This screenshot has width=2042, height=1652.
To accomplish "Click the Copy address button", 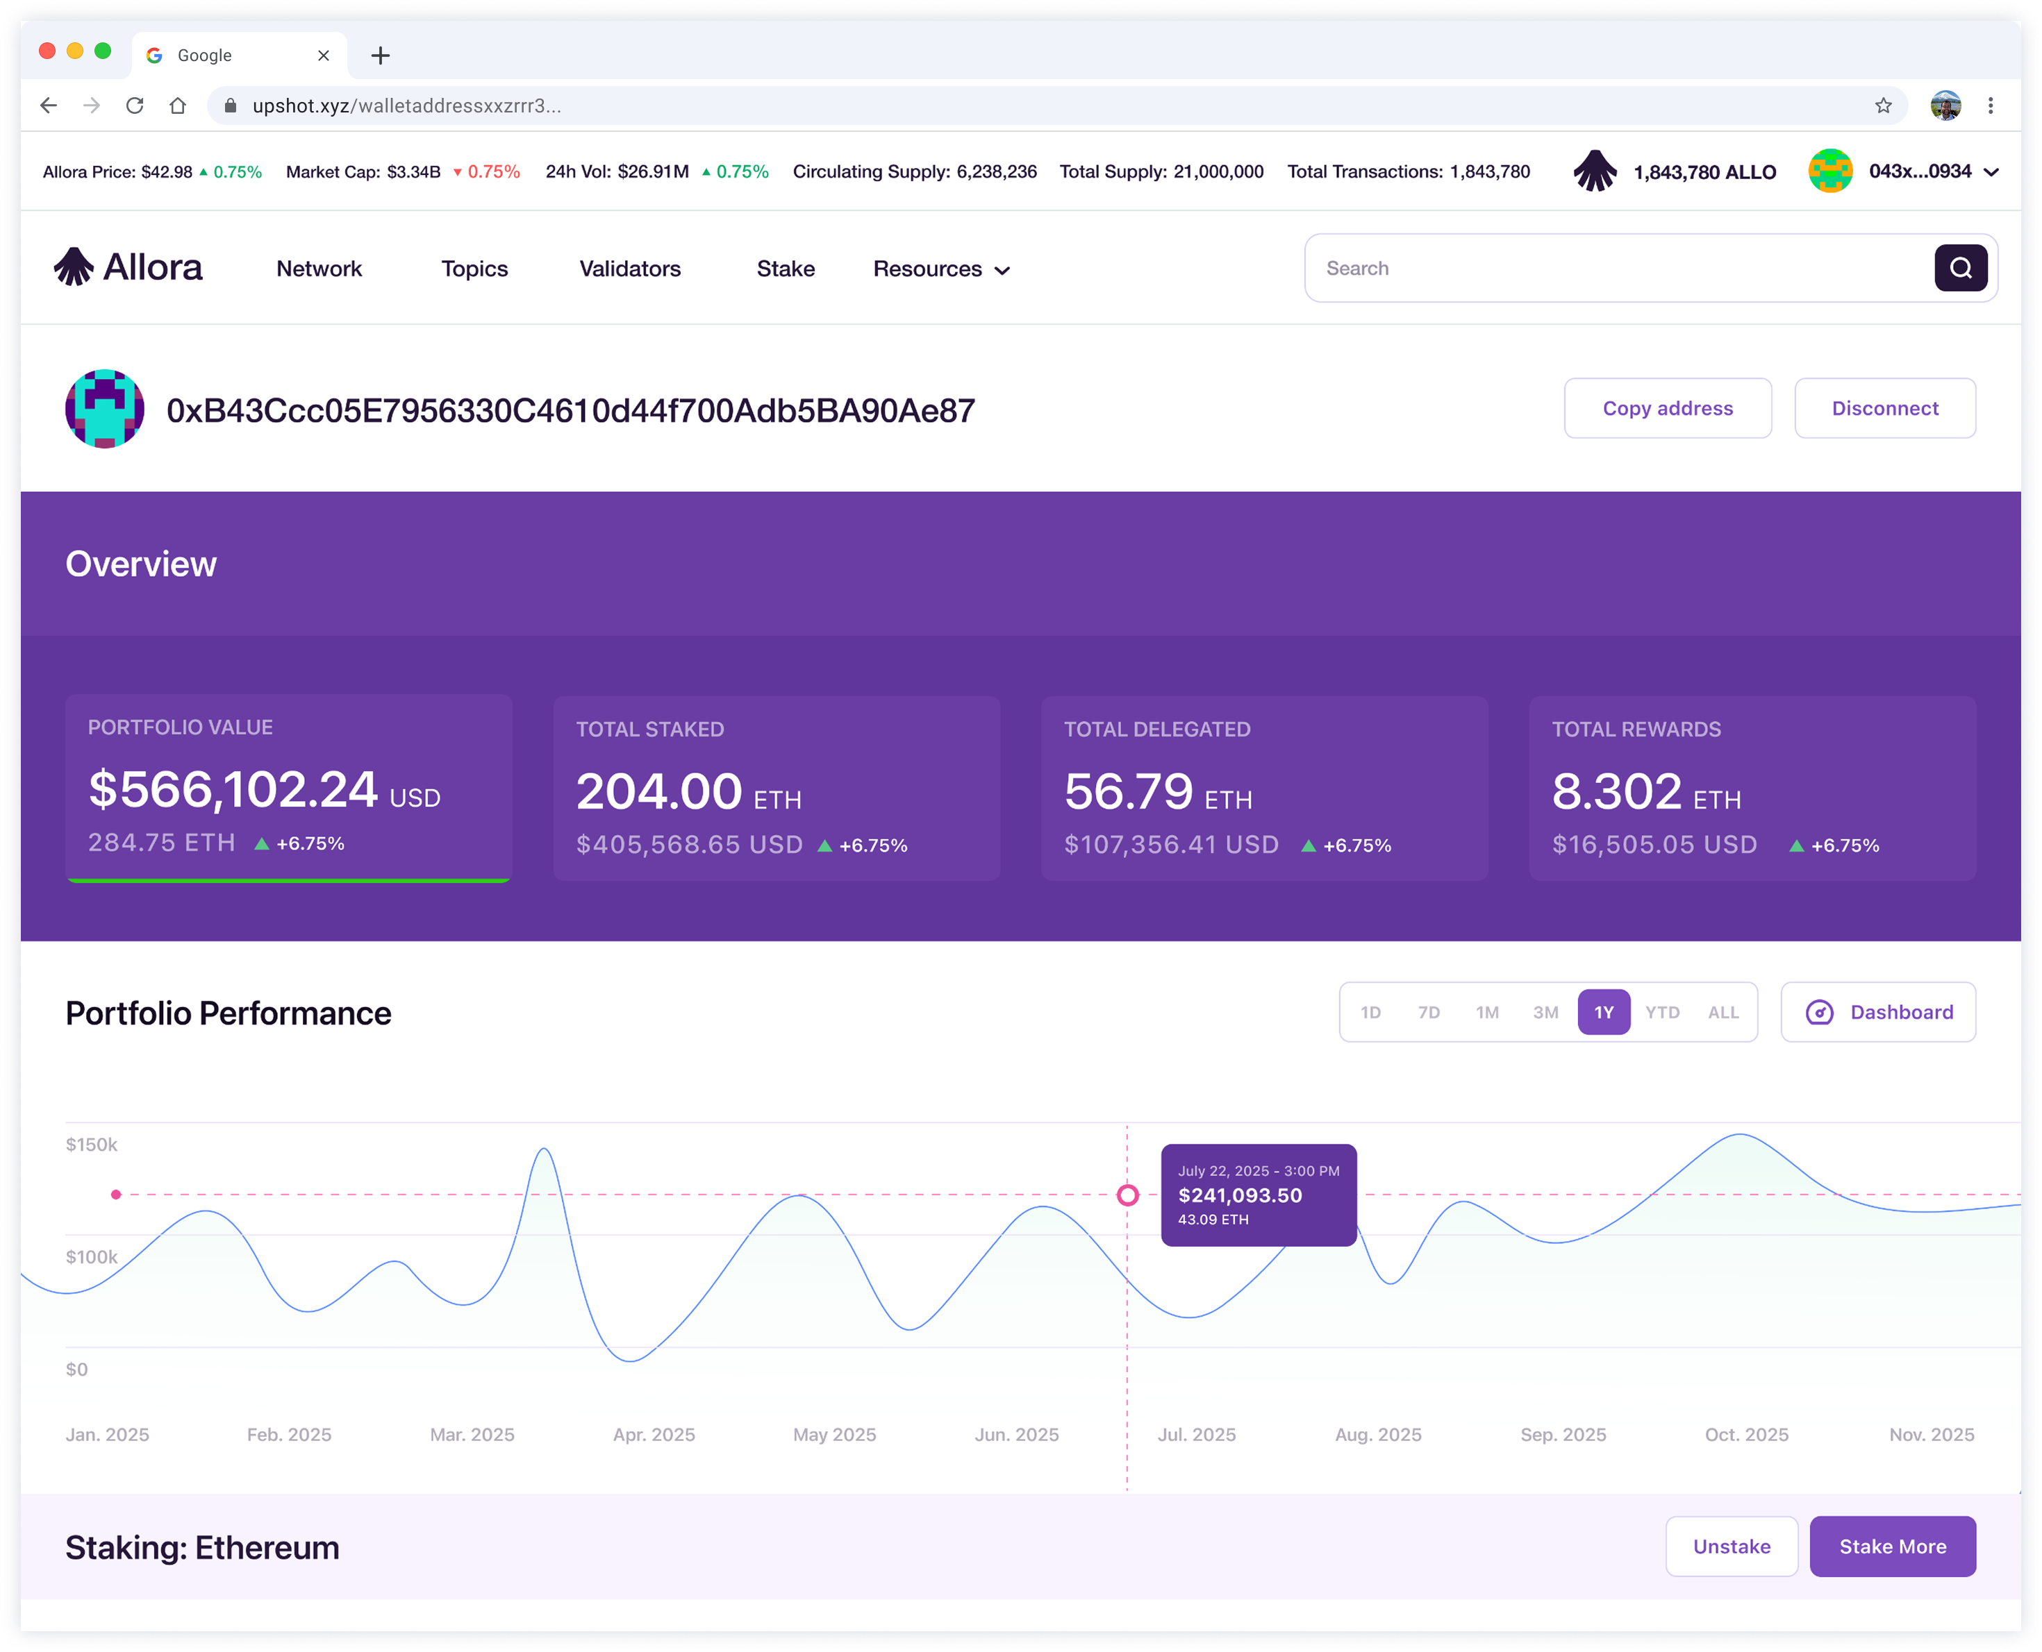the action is point(1667,408).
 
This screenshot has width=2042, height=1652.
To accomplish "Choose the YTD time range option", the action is point(1662,1013).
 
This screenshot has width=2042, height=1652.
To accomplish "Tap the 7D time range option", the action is point(1428,1013).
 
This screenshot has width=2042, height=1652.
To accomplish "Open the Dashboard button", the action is point(1877,1013).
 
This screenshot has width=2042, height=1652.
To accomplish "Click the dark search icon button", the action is point(1960,269).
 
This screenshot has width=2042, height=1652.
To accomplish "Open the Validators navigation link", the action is point(629,269).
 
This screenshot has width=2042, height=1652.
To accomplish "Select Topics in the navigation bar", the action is point(474,269).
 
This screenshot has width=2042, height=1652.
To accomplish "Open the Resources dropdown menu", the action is point(940,269).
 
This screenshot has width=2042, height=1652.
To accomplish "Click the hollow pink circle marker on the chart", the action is point(1127,1195).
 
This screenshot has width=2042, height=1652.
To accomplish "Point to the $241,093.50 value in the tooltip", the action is point(1240,1195).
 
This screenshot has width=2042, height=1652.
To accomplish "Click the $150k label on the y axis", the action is point(92,1144).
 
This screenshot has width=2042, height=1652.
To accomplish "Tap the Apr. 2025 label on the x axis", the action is point(654,1434).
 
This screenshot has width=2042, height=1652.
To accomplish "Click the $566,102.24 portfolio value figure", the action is point(233,790).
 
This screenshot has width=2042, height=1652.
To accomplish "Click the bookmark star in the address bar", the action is point(1882,106).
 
